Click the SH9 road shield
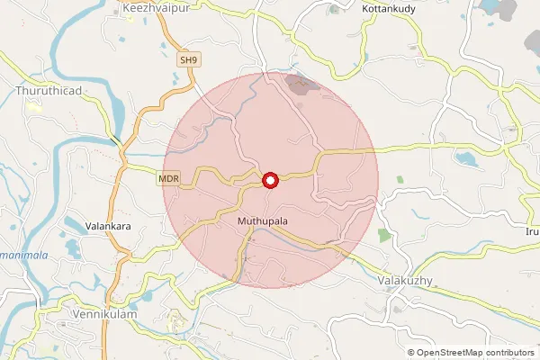[x=187, y=60]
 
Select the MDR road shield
[x=169, y=180]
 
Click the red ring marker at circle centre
[x=269, y=181]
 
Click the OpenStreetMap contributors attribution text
[x=475, y=353]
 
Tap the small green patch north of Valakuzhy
[x=385, y=236]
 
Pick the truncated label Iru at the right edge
[x=531, y=231]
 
